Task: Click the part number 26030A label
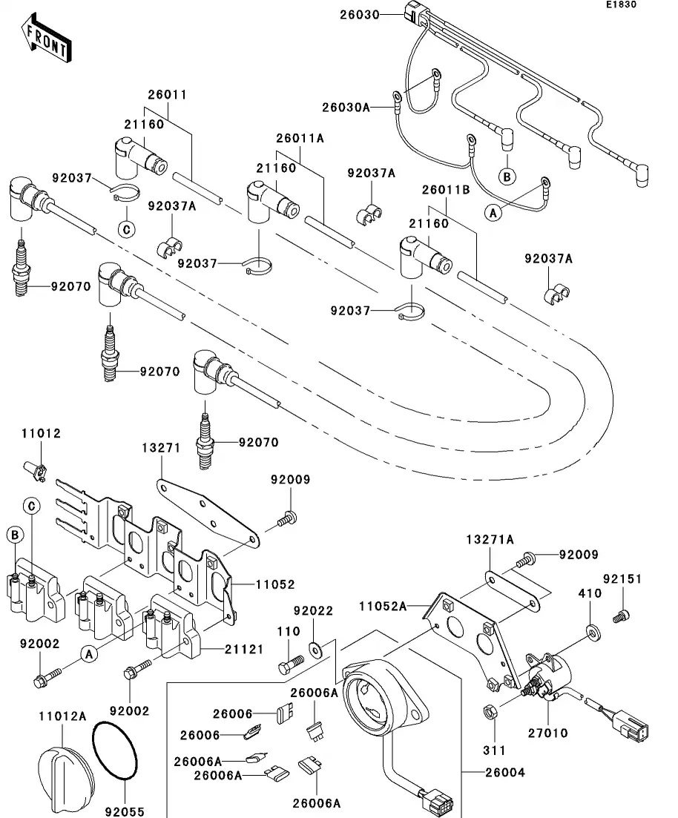coord(345,107)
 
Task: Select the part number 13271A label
coord(490,540)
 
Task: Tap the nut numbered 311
coord(490,713)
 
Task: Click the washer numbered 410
coord(593,631)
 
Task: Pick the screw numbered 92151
coord(621,615)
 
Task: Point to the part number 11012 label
coord(41,433)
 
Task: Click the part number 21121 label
coord(244,649)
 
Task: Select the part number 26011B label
coord(447,189)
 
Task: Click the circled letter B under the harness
coord(507,177)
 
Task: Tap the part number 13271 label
coord(161,448)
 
